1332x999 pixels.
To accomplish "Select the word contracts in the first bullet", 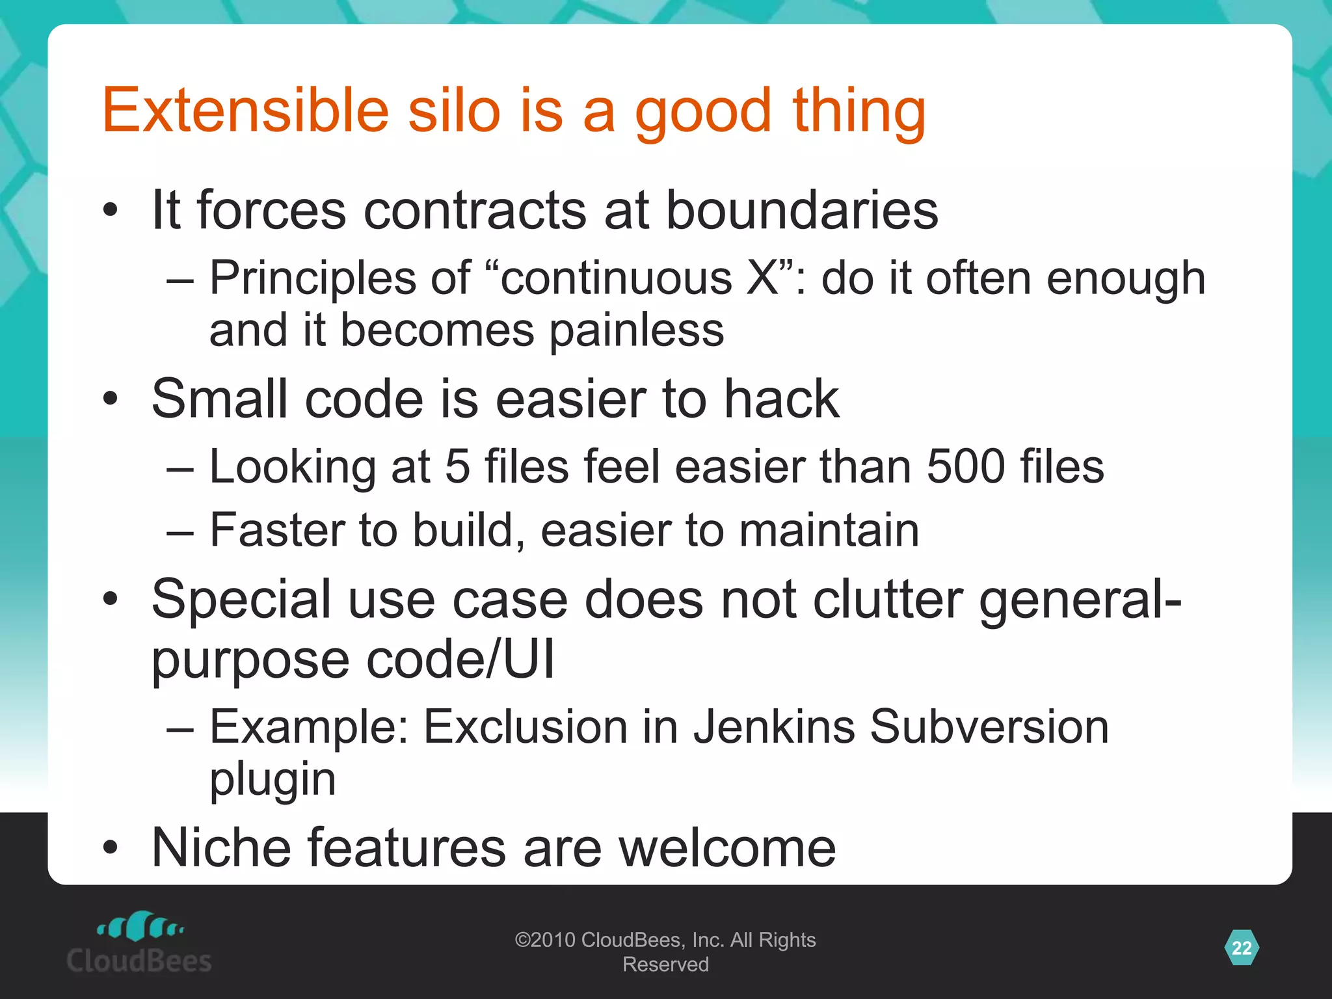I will pyautogui.click(x=475, y=211).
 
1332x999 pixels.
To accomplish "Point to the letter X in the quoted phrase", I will pyautogui.click(x=763, y=278).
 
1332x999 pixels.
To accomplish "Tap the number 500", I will pyautogui.click(x=965, y=466).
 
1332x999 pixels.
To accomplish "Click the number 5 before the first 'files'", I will pyautogui.click(x=457, y=466).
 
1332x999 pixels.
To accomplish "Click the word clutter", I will pyautogui.click(x=887, y=599).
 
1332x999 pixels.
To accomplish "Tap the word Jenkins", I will pyautogui.click(x=773, y=726).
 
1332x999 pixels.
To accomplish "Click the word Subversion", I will pyautogui.click(x=989, y=726).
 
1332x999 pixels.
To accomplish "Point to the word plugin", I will pyautogui.click(x=273, y=779).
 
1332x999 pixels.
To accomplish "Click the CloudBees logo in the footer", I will pyautogui.click(x=139, y=943).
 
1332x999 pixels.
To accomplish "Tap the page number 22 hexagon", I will pyautogui.click(x=1241, y=948).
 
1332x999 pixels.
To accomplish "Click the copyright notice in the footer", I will pyautogui.click(x=665, y=952).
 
